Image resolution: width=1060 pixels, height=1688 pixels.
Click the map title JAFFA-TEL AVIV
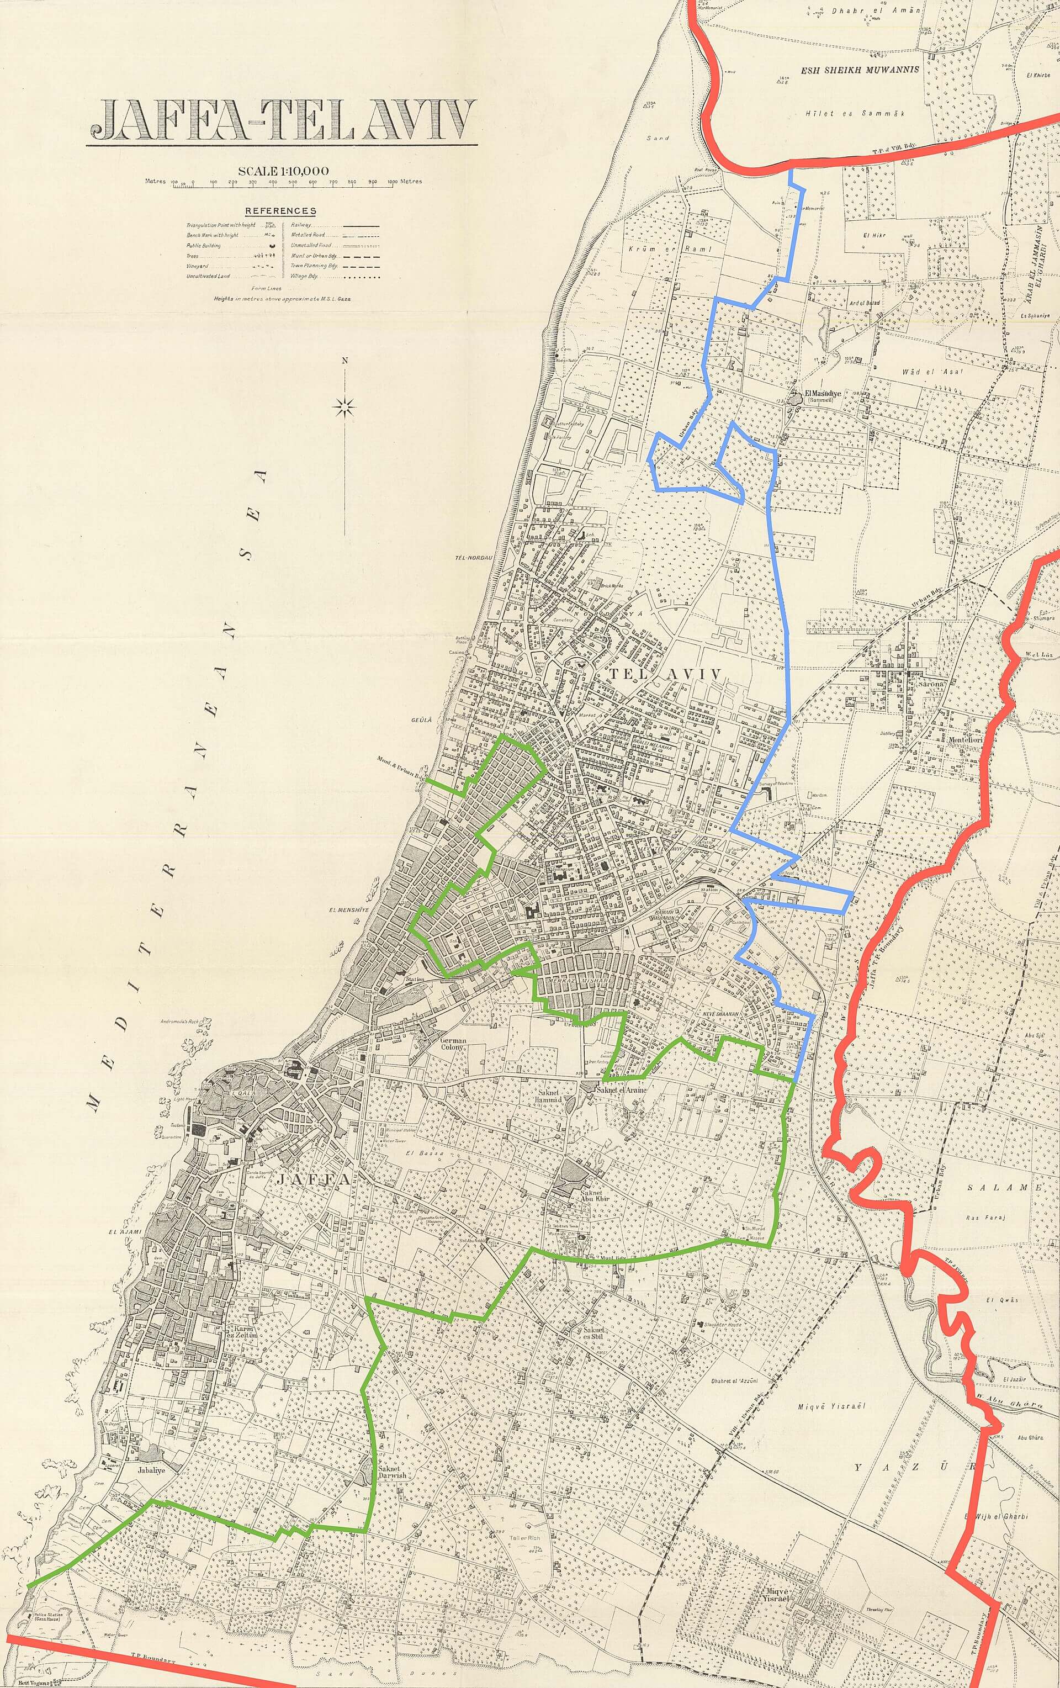tap(282, 120)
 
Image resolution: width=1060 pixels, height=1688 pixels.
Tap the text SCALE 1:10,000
tap(283, 170)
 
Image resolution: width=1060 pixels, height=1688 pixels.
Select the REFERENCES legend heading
tap(280, 210)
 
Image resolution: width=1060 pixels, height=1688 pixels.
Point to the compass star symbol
tap(345, 406)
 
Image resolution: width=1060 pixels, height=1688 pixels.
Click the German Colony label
tap(453, 1045)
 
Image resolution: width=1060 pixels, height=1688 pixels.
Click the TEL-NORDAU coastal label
tap(471, 558)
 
